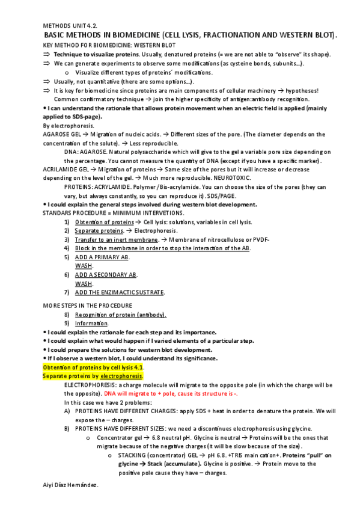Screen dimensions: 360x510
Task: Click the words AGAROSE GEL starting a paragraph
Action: pyautogui.click(x=63, y=135)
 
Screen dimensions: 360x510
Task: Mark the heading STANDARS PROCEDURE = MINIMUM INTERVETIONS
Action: pyautogui.click(x=114, y=214)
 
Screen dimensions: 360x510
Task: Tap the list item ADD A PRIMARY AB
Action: pyautogui.click(x=102, y=257)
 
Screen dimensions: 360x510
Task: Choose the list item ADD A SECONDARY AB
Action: pyautogui.click(x=106, y=274)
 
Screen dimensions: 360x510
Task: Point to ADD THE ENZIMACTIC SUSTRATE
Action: pyautogui.click(x=120, y=292)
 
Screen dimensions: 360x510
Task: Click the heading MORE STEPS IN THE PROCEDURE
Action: pyautogui.click(x=88, y=306)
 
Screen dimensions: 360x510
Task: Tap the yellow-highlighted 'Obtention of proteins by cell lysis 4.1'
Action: pyautogui.click(x=93, y=367)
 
